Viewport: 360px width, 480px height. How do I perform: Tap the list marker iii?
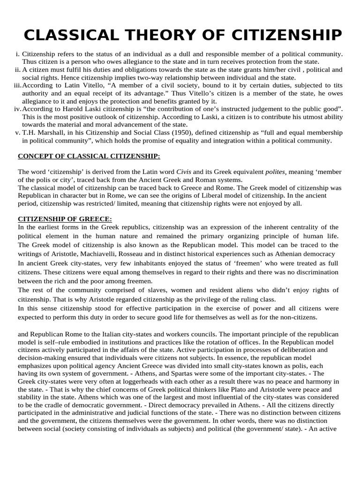(x=15, y=85)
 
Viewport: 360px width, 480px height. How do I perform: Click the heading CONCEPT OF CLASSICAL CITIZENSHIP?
(x=89, y=156)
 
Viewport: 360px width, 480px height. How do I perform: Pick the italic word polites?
(x=268, y=172)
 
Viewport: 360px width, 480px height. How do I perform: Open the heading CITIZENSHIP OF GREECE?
(x=65, y=219)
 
